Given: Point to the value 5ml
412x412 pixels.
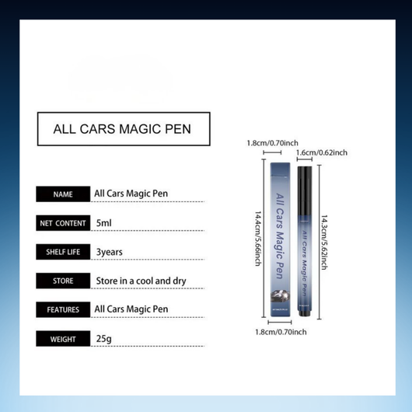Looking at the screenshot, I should pyautogui.click(x=104, y=223).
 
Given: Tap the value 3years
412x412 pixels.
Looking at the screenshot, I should pyautogui.click(x=110, y=252).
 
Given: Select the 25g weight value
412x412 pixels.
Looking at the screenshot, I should pyautogui.click(x=103, y=338).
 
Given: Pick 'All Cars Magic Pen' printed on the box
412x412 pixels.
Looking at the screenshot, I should pyautogui.click(x=278, y=233).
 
